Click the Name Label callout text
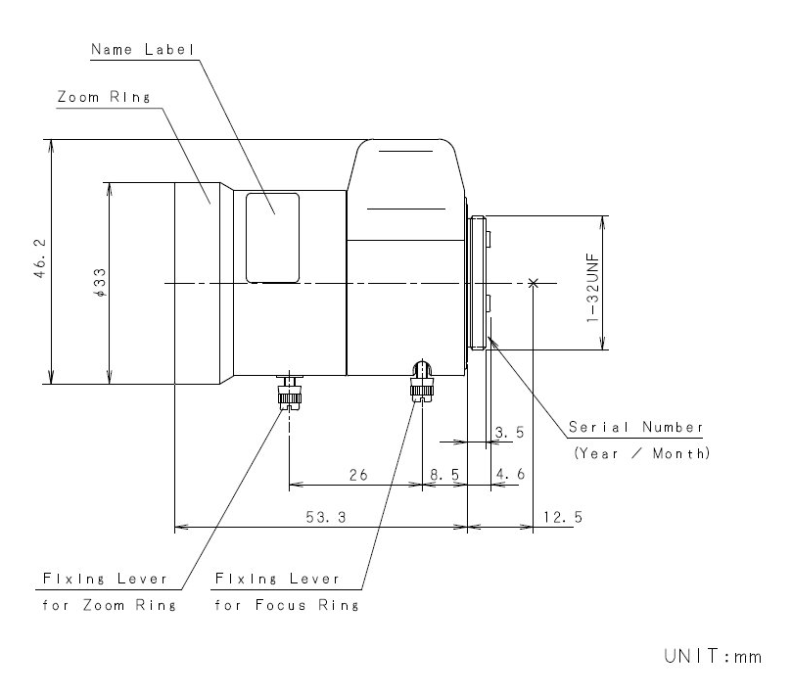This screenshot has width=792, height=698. coord(143,49)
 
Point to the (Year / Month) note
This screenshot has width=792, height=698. coord(641,453)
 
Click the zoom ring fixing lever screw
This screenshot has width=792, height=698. coord(288,394)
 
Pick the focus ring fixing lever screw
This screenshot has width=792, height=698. coord(421,382)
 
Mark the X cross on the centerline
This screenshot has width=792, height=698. coord(533,283)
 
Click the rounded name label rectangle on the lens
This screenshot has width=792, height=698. coord(272,237)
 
